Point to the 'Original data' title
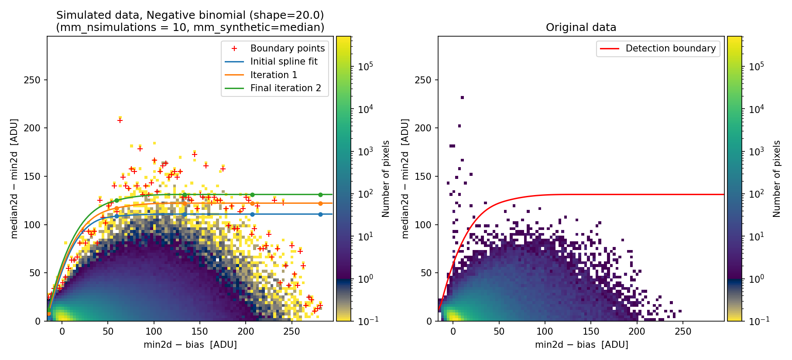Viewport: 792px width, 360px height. coord(581,27)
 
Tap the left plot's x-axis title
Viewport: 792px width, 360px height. coord(190,345)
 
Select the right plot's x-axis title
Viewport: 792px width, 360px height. coord(582,345)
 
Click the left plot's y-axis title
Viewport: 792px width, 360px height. coord(14,178)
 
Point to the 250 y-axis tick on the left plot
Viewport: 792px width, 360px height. coord(32,80)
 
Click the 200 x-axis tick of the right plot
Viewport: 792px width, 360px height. coord(637,332)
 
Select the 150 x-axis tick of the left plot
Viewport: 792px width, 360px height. coord(200,332)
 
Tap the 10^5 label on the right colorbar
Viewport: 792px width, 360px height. coord(757,66)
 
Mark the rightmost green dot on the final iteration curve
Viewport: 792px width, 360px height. coord(320,195)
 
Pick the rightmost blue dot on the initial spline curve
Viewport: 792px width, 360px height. coord(320,214)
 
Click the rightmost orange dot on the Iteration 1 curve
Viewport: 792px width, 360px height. coord(320,203)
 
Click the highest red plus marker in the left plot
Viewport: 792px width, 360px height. coord(120,120)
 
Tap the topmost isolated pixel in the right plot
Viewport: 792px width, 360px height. coord(462,98)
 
